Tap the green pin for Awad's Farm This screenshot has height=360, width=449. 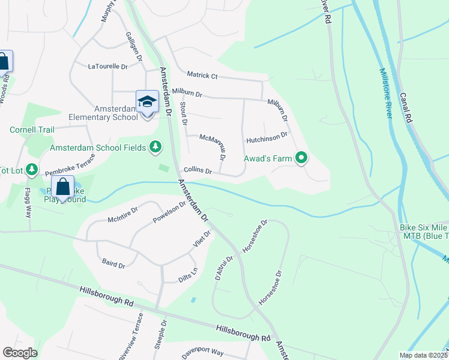click(x=302, y=158)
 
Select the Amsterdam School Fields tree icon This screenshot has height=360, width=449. click(x=156, y=146)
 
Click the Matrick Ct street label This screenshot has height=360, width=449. click(x=202, y=75)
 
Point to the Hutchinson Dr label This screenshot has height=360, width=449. click(x=267, y=139)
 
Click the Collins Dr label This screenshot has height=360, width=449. click(x=197, y=171)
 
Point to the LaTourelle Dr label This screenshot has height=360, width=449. click(x=108, y=67)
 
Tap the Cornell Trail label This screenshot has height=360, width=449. click(x=32, y=130)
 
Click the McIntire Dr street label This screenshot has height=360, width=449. click(x=122, y=214)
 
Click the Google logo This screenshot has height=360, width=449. click(x=20, y=352)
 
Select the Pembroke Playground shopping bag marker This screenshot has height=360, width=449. click(x=62, y=187)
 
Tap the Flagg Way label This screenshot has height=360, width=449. click(x=27, y=204)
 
